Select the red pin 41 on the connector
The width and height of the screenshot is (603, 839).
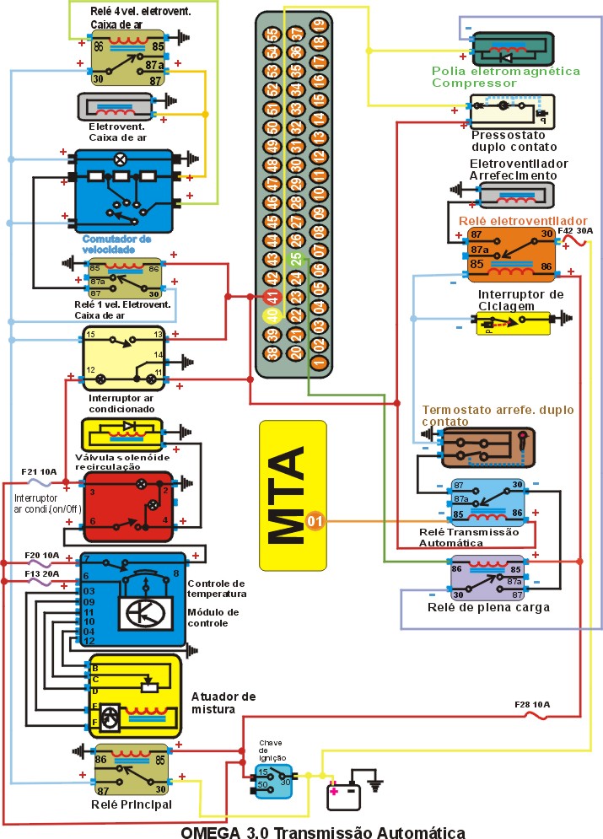271,297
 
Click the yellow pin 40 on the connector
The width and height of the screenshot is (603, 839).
271,316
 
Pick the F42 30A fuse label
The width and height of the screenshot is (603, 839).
575,230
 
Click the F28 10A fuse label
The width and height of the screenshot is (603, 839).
534,704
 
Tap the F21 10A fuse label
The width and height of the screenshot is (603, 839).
39,472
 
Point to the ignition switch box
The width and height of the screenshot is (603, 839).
273,780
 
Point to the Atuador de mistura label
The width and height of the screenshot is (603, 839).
223,703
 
